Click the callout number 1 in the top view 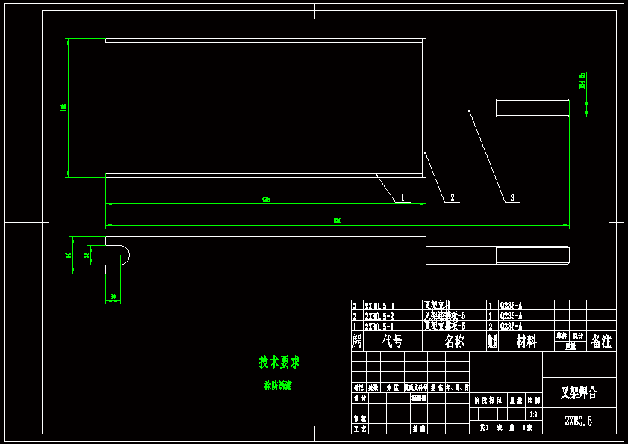click(x=402, y=197)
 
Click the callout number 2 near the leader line click(x=451, y=197)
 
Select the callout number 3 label click(x=512, y=197)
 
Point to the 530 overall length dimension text click(x=337, y=221)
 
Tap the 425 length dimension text click(x=266, y=200)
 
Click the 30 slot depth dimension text click(x=113, y=297)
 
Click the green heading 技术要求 click(x=279, y=362)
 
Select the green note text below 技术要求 click(x=278, y=386)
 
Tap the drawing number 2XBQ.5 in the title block click(x=578, y=421)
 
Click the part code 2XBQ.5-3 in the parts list click(x=379, y=306)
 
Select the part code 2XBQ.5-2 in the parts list click(x=379, y=316)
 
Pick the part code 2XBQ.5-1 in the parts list click(x=379, y=327)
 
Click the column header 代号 click(x=393, y=342)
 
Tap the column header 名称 click(x=454, y=342)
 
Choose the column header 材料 click(x=526, y=342)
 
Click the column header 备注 click(x=601, y=342)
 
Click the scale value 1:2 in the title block click(x=532, y=414)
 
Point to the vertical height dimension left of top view click(x=63, y=108)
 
